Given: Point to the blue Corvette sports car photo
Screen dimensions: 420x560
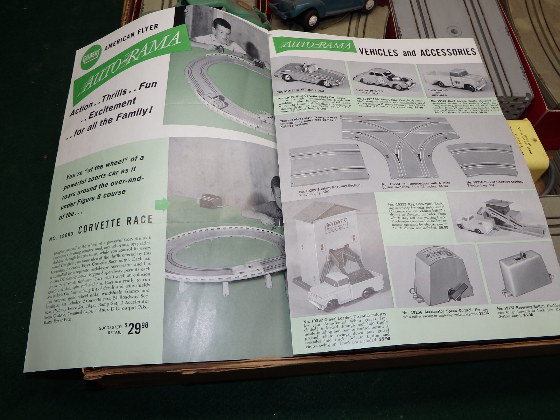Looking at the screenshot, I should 308,76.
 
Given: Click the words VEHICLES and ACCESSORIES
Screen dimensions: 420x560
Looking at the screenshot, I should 417,52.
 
